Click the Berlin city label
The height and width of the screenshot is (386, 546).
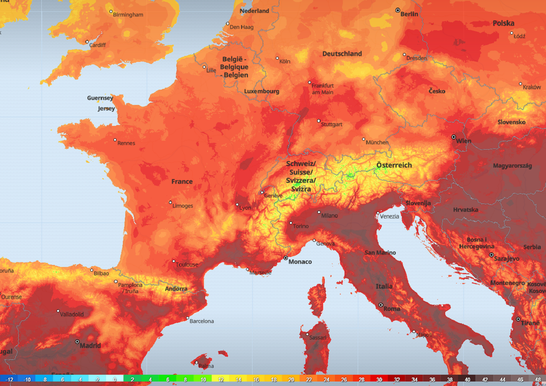[x=409, y=14]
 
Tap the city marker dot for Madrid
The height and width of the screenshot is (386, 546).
[x=77, y=341]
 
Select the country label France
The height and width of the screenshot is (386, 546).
[x=182, y=182]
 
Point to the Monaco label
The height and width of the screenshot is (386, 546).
[x=300, y=262]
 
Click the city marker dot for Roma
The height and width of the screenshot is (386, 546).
[x=381, y=305]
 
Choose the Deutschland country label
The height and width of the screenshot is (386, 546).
[x=342, y=53]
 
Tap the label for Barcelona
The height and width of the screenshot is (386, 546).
[x=202, y=321]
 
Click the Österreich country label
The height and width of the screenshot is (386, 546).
[x=394, y=165]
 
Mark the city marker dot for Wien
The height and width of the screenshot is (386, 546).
[x=454, y=137]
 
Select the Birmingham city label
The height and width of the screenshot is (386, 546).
[x=128, y=14]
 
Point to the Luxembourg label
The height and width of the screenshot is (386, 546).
[x=261, y=91]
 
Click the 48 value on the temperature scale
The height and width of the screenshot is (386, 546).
[x=537, y=380]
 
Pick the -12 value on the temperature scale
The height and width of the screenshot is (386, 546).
[x=9, y=380]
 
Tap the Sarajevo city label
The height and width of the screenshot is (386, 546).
[x=506, y=258]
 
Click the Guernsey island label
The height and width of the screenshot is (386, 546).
[x=100, y=98]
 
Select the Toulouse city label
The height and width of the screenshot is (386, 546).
[x=187, y=264]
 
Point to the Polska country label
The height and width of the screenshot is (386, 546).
[x=503, y=23]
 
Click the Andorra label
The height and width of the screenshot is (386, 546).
[x=176, y=289]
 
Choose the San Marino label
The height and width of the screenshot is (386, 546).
[x=380, y=253]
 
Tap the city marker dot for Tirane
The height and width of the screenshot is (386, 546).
[x=518, y=319]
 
